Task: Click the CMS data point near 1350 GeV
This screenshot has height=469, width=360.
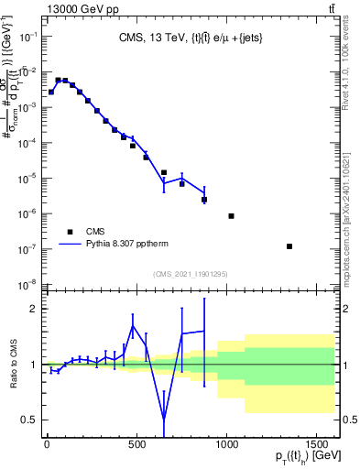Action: (x=289, y=246)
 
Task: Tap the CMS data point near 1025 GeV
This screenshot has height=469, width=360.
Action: (x=231, y=216)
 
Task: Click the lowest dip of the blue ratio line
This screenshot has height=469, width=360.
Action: (x=164, y=420)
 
